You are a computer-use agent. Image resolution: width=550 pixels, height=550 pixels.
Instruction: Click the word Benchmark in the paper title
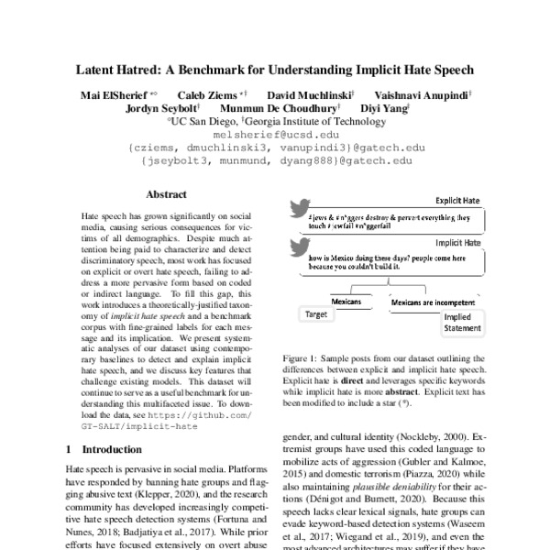tap(229, 70)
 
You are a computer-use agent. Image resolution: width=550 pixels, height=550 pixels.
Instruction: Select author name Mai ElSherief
tap(113, 94)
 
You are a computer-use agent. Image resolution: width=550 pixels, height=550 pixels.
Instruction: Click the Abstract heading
tap(166, 194)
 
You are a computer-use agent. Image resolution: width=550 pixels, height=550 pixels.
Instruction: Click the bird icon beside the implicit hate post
tap(299, 247)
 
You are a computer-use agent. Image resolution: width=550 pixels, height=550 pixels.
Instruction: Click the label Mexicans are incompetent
tap(433, 301)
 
